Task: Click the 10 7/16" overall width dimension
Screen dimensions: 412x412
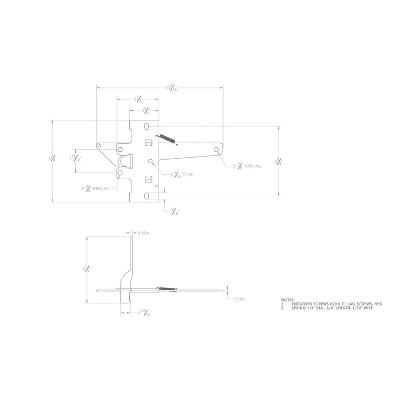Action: [172, 88]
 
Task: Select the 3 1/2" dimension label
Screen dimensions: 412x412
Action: [138, 99]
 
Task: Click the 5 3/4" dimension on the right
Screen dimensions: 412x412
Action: [278, 162]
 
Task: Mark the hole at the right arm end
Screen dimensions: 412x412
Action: [216, 150]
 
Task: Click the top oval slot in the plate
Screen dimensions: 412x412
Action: [147, 126]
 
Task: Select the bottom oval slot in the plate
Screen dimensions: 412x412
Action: [147, 196]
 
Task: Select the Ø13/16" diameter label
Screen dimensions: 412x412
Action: [145, 313]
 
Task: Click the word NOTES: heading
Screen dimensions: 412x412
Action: [288, 300]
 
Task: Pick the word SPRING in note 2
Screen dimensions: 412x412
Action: [299, 308]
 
